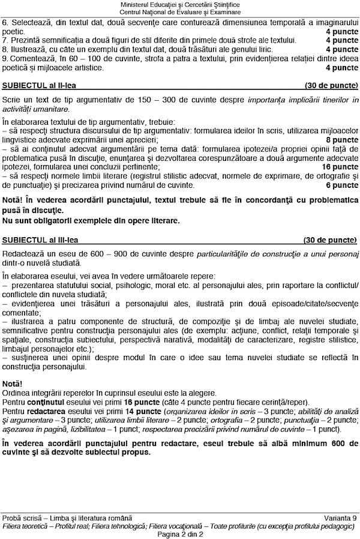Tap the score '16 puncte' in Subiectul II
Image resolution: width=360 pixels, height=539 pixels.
pos(340,166)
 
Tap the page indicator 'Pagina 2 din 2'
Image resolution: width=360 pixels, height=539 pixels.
pos(180,534)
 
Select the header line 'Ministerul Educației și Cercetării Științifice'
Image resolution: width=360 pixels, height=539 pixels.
pos(180,5)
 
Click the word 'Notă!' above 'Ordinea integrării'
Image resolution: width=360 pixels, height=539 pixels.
pos(12,382)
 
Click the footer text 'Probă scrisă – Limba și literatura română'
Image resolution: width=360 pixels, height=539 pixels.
pos(67,518)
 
